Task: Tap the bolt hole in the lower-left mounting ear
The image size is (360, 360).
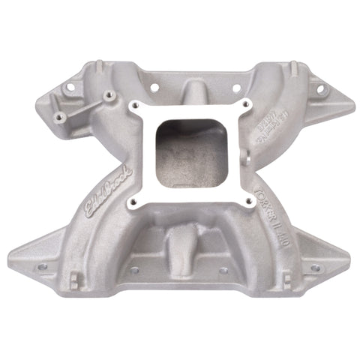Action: point(40,265)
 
